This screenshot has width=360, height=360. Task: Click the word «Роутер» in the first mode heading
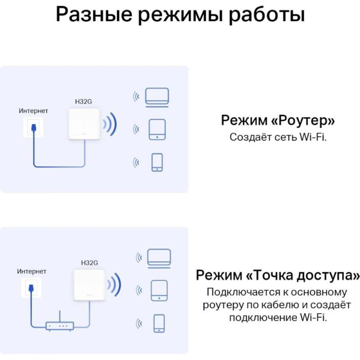[x=303, y=120]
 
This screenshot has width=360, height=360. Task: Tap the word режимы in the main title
[x=180, y=14]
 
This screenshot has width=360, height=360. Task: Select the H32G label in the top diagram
[x=84, y=102]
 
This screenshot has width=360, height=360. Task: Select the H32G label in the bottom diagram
[x=90, y=263]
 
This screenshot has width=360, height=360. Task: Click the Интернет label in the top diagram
[x=33, y=111]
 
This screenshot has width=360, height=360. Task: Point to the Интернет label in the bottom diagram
[x=32, y=271]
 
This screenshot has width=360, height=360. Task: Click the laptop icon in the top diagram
[x=157, y=97]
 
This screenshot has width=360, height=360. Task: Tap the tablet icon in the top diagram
[x=157, y=130]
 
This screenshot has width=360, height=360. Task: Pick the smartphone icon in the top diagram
[x=157, y=162]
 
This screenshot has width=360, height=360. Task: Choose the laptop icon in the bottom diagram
[x=159, y=258]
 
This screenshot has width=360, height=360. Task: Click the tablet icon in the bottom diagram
[x=159, y=291]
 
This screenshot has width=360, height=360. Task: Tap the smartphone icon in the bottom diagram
[x=159, y=323]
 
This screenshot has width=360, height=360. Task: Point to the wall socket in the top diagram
[x=33, y=127]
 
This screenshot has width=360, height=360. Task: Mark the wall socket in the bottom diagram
[x=31, y=288]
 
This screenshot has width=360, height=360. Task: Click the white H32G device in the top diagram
[x=84, y=124]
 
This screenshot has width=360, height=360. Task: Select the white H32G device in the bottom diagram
[x=90, y=285]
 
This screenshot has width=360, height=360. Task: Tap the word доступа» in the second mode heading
[x=328, y=275]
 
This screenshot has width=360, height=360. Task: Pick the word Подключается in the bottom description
[x=243, y=292]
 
